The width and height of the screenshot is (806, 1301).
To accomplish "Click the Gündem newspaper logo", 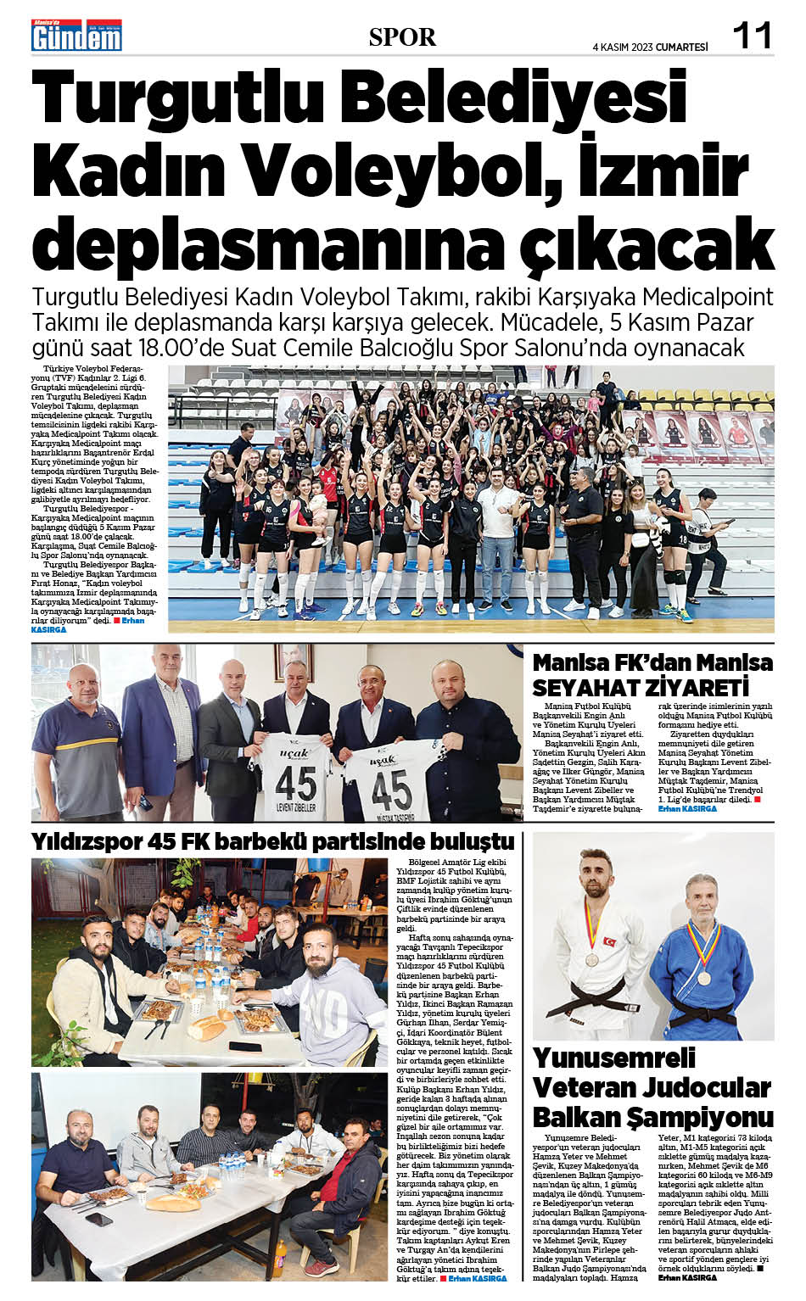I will pos(76,36).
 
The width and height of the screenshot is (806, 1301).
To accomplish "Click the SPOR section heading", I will pos(402,37).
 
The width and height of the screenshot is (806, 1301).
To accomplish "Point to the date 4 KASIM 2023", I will pos(623,47).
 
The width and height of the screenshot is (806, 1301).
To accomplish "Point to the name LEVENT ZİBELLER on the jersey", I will pos(296,807).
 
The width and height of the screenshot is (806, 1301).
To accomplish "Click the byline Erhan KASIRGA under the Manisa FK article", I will pos(687,809).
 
